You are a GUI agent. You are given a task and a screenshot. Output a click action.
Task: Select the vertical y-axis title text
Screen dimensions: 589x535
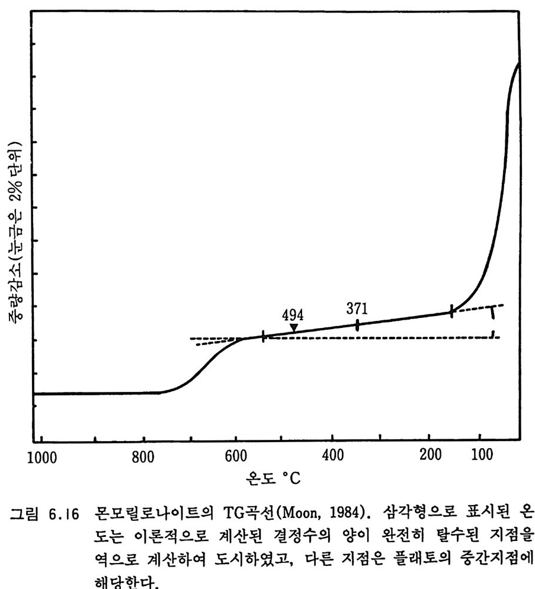pos(15,231)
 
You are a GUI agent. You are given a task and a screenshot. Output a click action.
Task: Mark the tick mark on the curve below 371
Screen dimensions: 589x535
pos(357,324)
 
